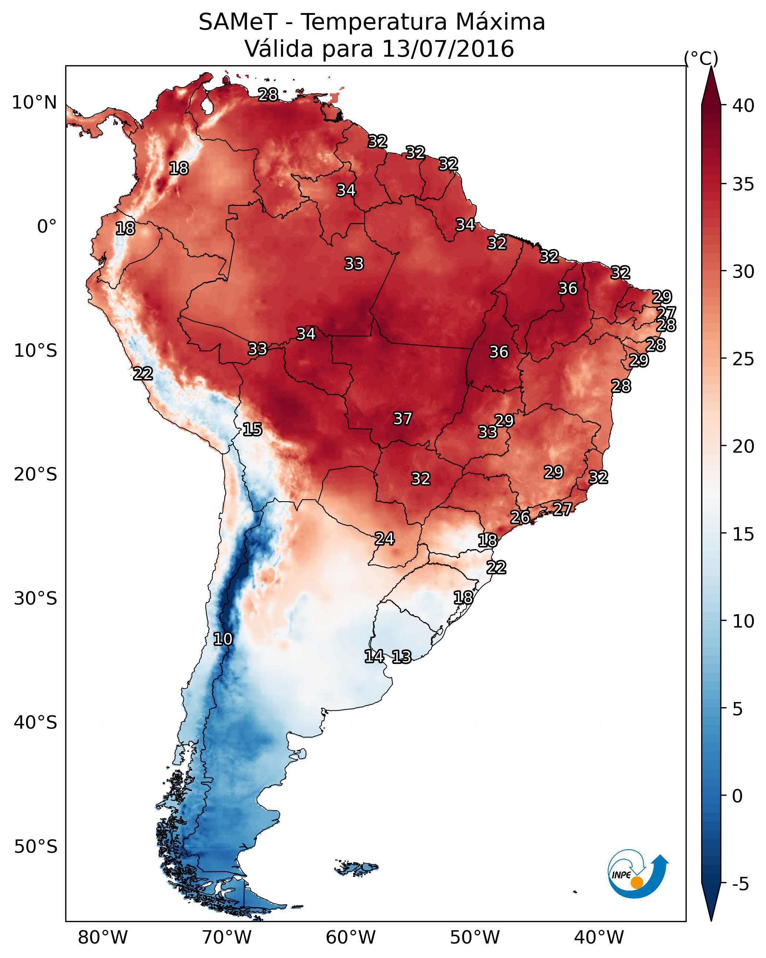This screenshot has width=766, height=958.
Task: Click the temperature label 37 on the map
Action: point(402,419)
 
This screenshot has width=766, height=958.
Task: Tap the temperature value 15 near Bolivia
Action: point(252,429)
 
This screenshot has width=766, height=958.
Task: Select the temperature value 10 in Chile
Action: point(223,639)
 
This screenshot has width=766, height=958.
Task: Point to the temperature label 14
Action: point(374,656)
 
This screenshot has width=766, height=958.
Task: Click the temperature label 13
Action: point(401,657)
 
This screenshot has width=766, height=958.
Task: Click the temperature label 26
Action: point(520,517)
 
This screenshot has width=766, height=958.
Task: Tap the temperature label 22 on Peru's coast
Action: point(143,374)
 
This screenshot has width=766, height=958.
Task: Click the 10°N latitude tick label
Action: point(34,103)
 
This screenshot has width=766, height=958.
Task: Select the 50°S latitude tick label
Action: point(36,847)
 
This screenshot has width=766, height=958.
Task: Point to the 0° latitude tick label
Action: point(47,227)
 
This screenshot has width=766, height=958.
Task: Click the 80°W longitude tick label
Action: point(103,938)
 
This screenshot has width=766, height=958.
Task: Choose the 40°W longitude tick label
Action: point(599,938)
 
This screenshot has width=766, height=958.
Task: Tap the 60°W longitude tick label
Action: point(351,938)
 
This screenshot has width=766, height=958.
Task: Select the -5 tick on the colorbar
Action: point(740,884)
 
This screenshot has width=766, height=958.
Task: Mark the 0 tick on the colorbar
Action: point(737,796)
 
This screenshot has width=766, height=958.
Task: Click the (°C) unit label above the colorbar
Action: point(701,58)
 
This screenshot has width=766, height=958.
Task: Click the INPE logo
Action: point(637,875)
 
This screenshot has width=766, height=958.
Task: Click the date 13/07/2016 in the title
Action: point(448,49)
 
